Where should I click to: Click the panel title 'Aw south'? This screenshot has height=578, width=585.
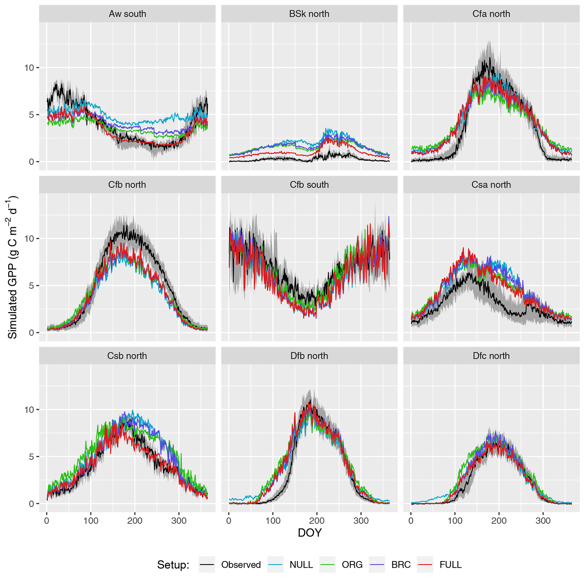pos(127,14)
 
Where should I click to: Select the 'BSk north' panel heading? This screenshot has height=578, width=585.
pos(309,14)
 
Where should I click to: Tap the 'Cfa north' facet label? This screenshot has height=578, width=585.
pos(491,14)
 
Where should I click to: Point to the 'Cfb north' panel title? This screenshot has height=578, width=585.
pos(127,185)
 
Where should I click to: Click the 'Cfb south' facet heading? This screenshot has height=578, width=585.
pos(309,185)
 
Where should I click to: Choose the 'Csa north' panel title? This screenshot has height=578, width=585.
pos(491,185)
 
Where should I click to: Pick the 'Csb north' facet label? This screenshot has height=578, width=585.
pos(127,356)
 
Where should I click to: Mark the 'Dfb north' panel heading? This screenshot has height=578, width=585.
pos(309,356)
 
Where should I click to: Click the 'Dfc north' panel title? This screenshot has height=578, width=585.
pos(491,356)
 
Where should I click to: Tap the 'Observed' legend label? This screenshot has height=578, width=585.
pos(241,565)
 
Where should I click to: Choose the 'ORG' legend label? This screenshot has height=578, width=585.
pos(352,565)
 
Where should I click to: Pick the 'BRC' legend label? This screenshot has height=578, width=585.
pos(401,565)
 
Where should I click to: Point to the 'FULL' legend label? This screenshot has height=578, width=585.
pos(451,565)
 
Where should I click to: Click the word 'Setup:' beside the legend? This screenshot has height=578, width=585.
pos(173,565)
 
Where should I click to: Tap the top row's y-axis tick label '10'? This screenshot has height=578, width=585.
pos(29,68)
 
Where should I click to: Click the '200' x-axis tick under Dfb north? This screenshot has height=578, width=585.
pos(317,521)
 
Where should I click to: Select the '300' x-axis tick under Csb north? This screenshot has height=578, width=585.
pos(179,521)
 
